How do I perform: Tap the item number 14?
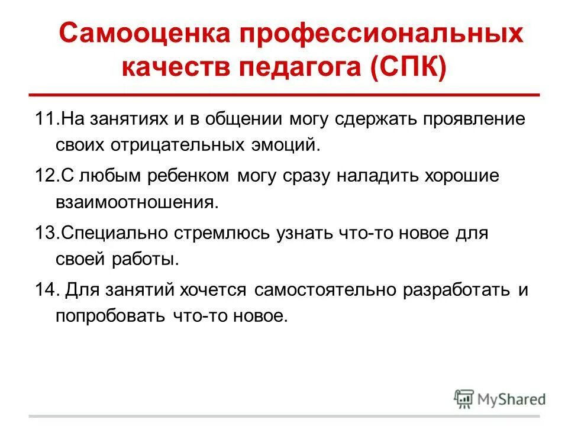[x=44, y=289]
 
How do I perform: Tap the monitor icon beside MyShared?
[x=464, y=398]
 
